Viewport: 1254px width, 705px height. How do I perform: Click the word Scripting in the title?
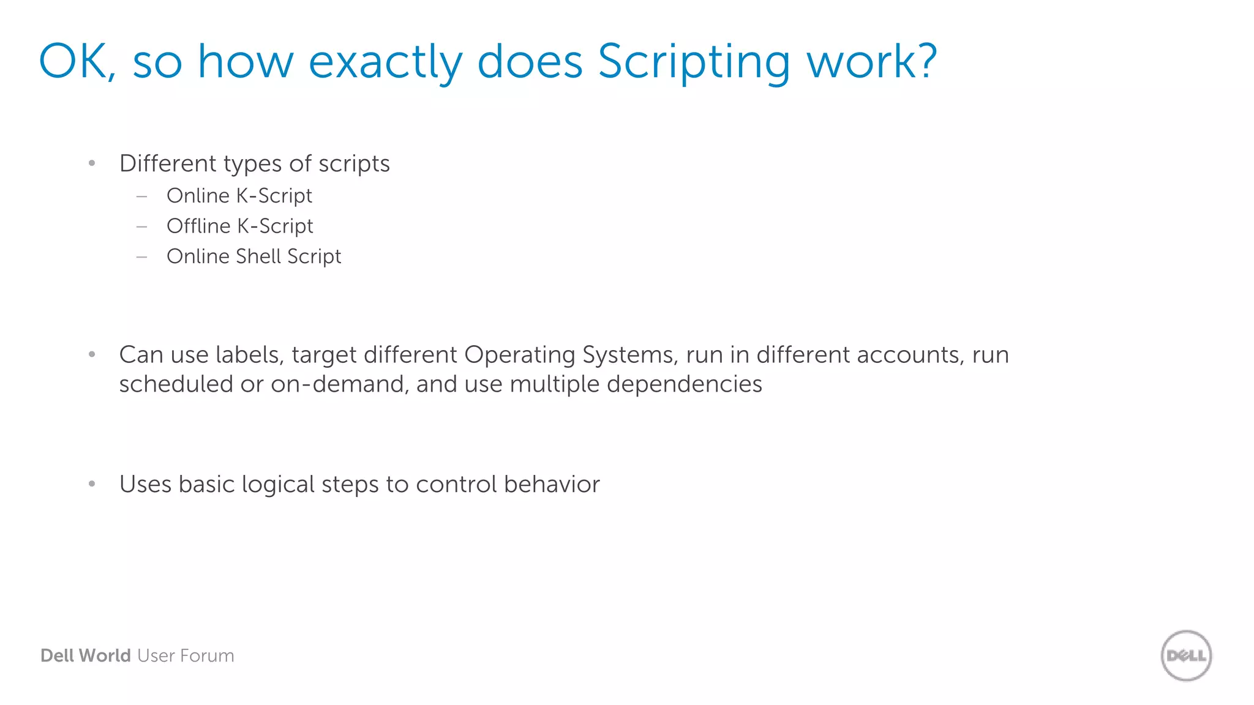point(694,62)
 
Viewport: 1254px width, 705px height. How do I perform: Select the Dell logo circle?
point(1186,655)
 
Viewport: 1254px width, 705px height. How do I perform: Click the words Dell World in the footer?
point(85,655)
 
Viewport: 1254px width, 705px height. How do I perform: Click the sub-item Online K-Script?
point(239,196)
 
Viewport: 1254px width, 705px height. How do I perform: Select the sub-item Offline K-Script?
point(240,226)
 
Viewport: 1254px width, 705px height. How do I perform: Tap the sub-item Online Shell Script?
point(253,256)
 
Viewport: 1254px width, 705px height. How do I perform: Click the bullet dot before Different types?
point(92,163)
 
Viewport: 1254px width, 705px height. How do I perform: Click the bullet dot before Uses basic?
point(92,484)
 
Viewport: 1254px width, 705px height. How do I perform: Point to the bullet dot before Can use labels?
point(92,354)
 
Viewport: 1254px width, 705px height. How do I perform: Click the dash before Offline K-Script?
point(142,226)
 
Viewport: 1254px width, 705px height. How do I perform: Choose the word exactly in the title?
point(385,62)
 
